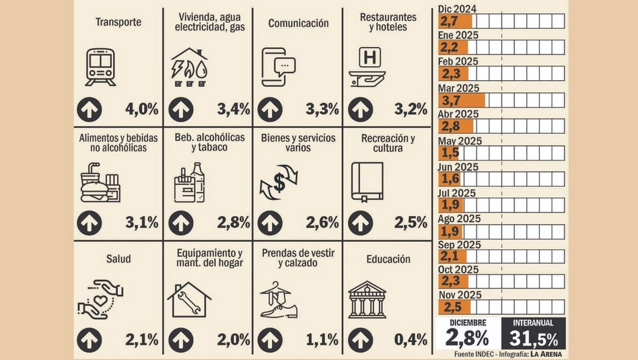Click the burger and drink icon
coord(100,182)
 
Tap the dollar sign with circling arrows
coord(279,182)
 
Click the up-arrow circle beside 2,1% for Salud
coord(89,340)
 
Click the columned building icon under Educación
coord(367,299)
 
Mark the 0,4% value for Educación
coord(411,340)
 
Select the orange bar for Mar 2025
coord(461,100)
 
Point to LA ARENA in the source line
coord(545,354)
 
